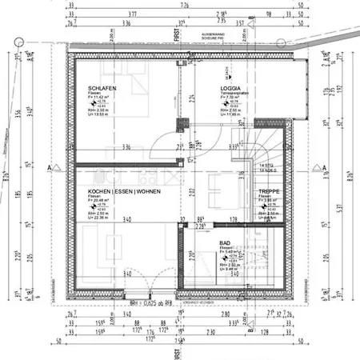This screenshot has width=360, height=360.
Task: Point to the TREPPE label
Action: (269, 192)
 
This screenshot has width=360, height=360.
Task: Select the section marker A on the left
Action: (50, 168)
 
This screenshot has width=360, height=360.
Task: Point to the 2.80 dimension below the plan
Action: (226, 316)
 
